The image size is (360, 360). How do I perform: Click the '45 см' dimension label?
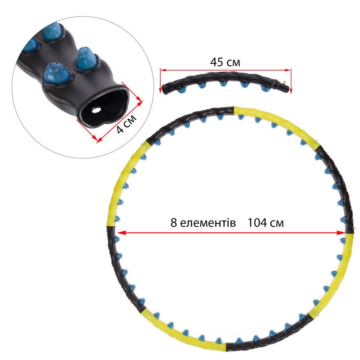point(225,62)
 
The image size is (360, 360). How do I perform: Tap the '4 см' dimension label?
point(126,124)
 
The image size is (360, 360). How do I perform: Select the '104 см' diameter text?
point(265,223)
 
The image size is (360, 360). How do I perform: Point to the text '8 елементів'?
point(203,223)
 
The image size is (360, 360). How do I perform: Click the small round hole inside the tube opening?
point(96,110)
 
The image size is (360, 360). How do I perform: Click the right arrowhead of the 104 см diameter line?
point(341,233)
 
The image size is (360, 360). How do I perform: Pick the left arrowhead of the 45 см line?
point(163,70)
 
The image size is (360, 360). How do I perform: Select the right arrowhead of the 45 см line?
point(288,70)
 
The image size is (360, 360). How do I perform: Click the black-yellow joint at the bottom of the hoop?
point(226,346)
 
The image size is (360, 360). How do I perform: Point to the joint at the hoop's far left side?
point(111,226)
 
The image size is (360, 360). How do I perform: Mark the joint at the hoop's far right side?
point(350,233)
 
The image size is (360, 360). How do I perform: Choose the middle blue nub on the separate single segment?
point(223,83)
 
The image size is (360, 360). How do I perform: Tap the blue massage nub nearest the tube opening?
point(57,73)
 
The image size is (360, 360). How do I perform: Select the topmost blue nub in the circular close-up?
point(53,31)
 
